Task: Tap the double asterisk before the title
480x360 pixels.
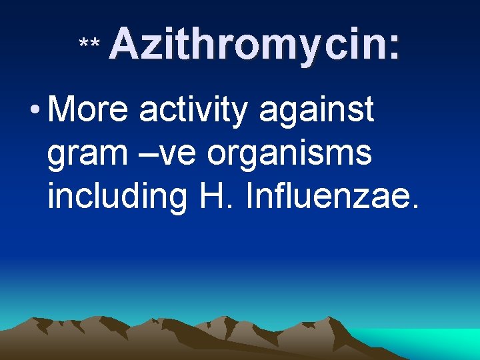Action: coord(89,45)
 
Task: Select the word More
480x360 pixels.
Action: coord(88,109)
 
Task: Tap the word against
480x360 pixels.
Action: coord(316,111)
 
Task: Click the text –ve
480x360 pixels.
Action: coord(169,153)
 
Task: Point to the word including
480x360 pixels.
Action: coord(117,197)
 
